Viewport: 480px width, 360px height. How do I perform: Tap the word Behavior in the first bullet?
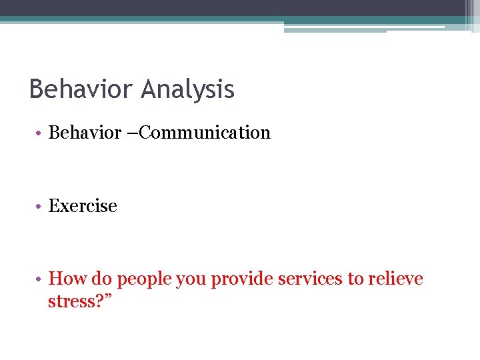(84, 133)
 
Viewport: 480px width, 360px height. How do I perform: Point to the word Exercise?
(83, 206)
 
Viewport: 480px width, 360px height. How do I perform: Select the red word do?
(97, 279)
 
